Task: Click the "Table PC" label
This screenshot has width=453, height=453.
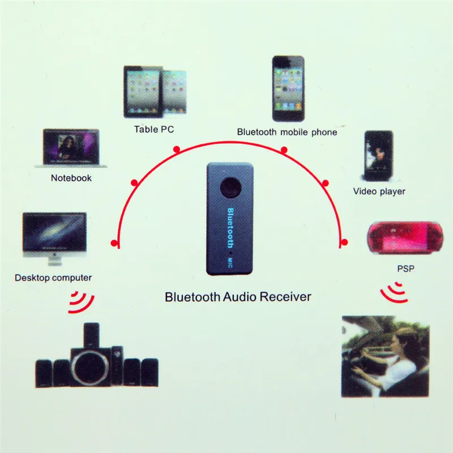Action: click(153, 129)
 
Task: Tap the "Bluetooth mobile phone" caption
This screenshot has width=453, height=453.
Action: click(287, 132)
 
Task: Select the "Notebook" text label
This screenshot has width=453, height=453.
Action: click(71, 178)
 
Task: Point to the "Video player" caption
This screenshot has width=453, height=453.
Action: click(379, 191)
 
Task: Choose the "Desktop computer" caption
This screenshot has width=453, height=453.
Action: click(53, 277)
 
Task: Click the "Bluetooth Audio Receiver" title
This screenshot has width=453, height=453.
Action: click(238, 296)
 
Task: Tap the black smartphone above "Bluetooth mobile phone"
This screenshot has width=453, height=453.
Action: click(287, 88)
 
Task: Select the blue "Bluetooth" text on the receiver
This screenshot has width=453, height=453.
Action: click(230, 228)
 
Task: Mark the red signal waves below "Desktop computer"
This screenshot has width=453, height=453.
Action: click(81, 303)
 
